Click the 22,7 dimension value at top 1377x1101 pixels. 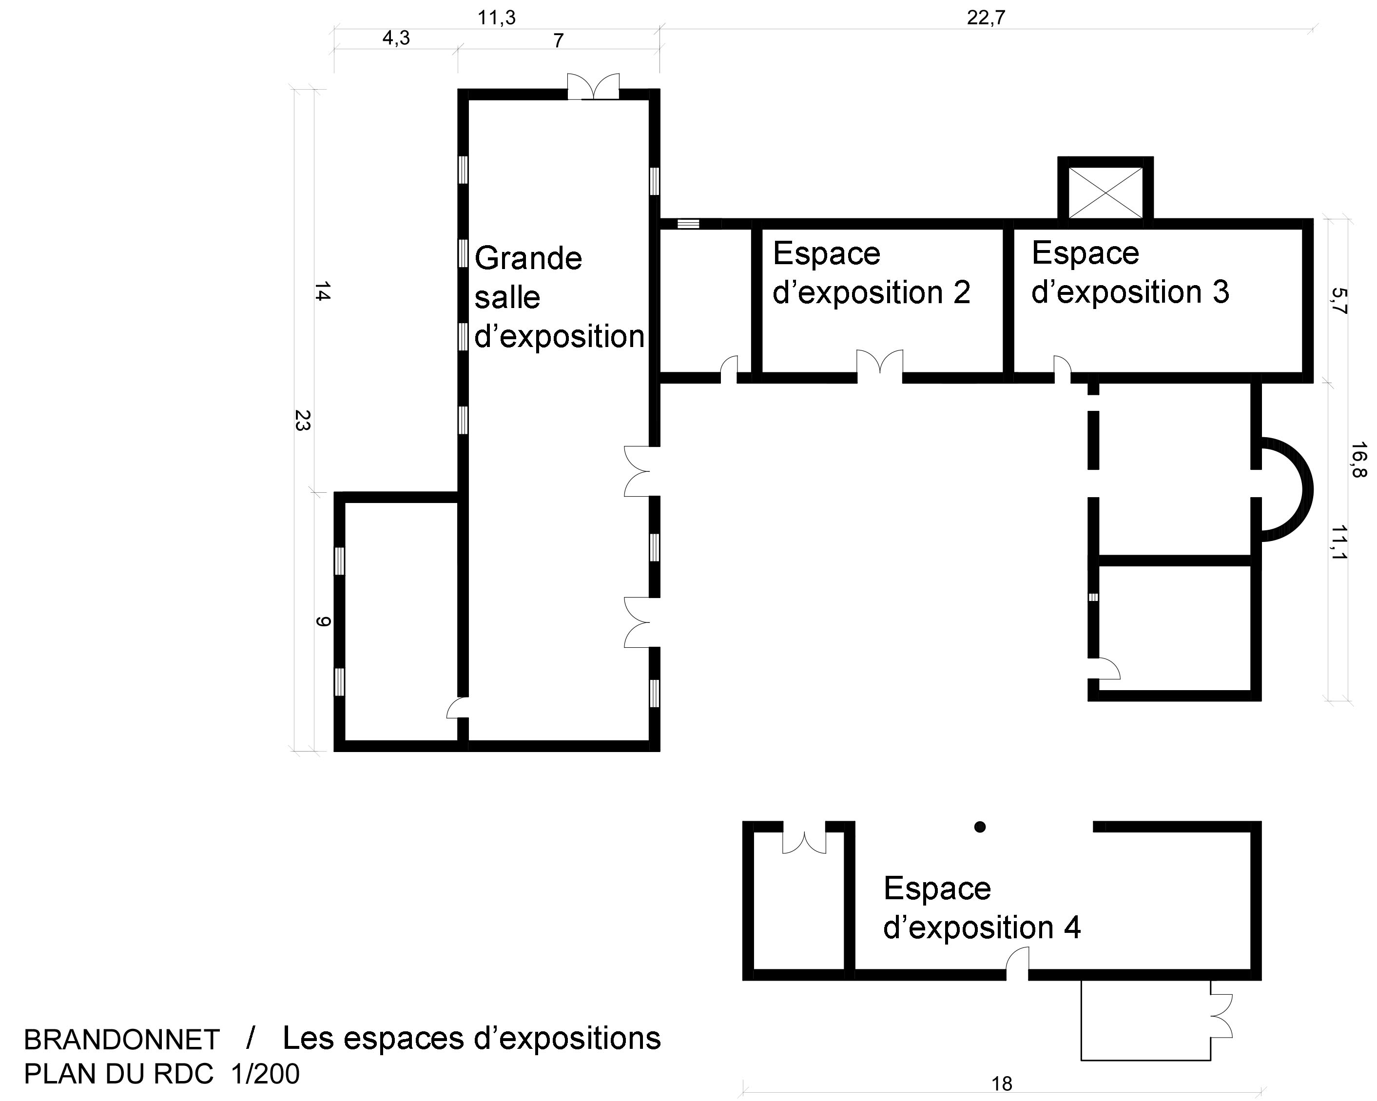[986, 18]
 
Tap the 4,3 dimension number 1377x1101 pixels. [396, 39]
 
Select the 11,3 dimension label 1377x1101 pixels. [496, 18]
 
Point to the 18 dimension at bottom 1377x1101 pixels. [1002, 1084]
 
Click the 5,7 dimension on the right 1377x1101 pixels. [1339, 301]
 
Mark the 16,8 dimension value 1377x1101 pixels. [1358, 460]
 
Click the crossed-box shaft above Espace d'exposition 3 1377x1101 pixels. [1105, 192]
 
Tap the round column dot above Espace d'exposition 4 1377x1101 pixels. [980, 827]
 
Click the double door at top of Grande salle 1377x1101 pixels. [593, 87]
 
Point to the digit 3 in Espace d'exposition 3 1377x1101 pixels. [1221, 292]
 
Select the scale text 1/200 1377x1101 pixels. [265, 1074]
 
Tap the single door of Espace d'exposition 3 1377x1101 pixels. [1062, 368]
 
